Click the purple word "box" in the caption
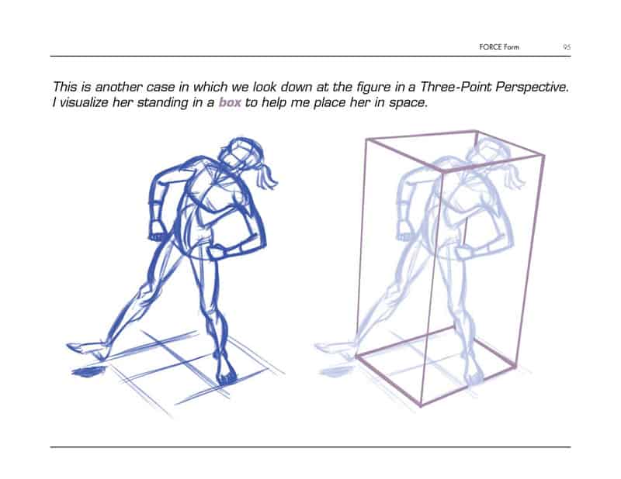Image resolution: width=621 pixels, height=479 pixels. coord(230,102)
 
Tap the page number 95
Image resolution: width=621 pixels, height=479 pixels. coord(567,47)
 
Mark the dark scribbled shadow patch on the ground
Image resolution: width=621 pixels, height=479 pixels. coord(88,372)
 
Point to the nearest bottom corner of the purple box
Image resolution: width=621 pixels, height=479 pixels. coord(420,406)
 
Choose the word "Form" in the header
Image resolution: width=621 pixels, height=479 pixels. coord(512,47)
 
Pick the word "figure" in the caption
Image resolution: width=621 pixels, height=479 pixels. coord(373,88)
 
